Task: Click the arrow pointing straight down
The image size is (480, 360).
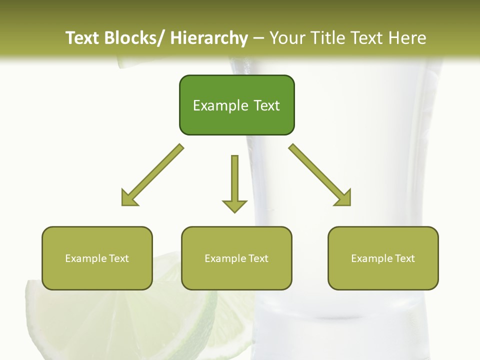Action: pyautogui.click(x=234, y=182)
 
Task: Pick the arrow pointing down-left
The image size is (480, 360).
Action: pyautogui.click(x=152, y=175)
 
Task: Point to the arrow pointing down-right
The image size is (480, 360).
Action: pyautogui.click(x=320, y=175)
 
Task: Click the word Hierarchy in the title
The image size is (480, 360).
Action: pyautogui.click(x=209, y=38)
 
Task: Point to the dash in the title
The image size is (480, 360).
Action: pyautogui.click(x=258, y=38)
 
